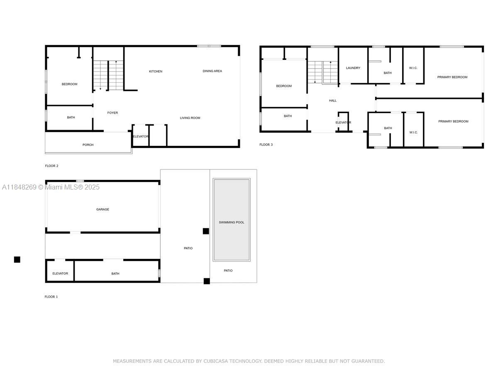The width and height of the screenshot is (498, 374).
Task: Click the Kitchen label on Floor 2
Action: coord(156,71)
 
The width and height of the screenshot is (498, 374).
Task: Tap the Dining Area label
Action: coord(212,71)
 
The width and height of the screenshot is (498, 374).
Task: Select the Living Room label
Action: coord(190,118)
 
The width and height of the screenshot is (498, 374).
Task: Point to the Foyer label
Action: coord(112,113)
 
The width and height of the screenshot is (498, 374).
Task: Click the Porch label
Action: coord(88,145)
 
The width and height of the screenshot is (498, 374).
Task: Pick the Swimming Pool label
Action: coord(232,222)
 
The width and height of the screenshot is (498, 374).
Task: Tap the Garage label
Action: coord(103,209)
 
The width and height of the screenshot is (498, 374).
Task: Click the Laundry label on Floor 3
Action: coord(353,68)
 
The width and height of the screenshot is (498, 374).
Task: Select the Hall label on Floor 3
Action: coord(333,101)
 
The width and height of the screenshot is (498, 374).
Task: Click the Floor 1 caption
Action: coord(51,297)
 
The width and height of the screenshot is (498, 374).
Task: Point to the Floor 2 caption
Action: coord(52,166)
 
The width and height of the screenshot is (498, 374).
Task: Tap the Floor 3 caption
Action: coord(266,145)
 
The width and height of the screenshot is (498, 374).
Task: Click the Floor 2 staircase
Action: coord(108,75)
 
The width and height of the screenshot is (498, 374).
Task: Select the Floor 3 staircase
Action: coord(322,72)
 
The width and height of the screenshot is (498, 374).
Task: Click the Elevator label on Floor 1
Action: coord(60,273)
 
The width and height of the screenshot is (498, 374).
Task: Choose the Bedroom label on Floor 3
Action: coord(284,86)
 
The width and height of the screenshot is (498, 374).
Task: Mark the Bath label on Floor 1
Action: coord(115,273)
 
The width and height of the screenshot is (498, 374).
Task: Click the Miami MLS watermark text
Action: coord(51,187)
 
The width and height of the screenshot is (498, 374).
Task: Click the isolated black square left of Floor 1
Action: coord(17,260)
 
